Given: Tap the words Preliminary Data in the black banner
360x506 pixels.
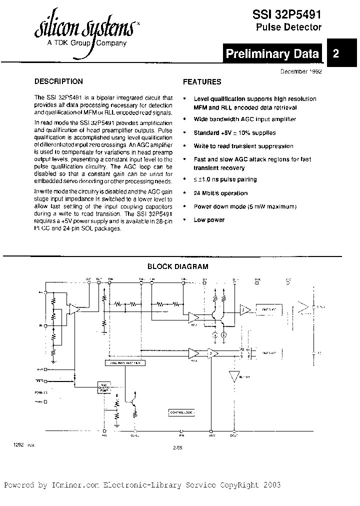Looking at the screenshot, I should (x=272, y=54).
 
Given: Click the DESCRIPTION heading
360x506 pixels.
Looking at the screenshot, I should (x=58, y=81).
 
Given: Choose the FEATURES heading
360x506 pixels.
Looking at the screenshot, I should (x=202, y=82).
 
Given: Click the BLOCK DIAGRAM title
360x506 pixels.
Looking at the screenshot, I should (x=177, y=267).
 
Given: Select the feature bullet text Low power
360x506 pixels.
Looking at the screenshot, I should (x=209, y=220).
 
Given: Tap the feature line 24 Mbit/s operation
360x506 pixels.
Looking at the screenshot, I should (x=220, y=193).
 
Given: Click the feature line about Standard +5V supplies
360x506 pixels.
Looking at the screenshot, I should (x=234, y=133).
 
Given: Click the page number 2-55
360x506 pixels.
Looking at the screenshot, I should (x=176, y=448).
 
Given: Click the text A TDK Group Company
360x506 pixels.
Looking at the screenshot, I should (x=86, y=43).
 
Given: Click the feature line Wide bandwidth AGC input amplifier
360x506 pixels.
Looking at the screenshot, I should (x=244, y=119).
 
